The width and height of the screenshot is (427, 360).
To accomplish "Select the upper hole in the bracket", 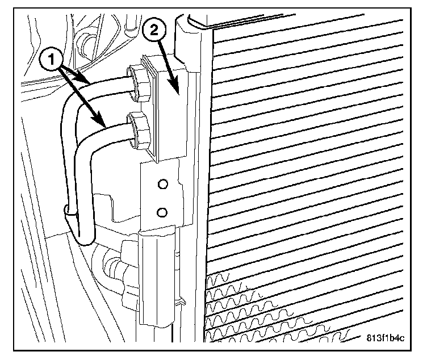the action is coord(164,184).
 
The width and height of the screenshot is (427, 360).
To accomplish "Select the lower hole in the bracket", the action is coord(162,212).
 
